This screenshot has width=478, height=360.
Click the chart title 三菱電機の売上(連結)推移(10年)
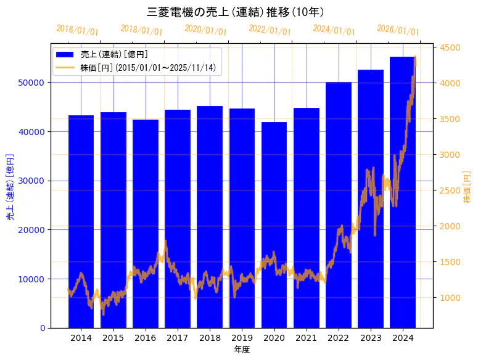(236, 12)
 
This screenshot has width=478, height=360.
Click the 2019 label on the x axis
(242, 338)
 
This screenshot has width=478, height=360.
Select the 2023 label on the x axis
(371, 338)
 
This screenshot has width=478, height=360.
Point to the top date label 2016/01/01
(77, 30)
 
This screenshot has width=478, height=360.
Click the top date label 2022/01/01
(270, 30)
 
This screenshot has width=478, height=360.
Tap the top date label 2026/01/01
(398, 30)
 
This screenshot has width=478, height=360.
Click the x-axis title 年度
(242, 350)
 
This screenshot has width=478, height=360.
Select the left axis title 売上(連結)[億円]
(10, 186)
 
